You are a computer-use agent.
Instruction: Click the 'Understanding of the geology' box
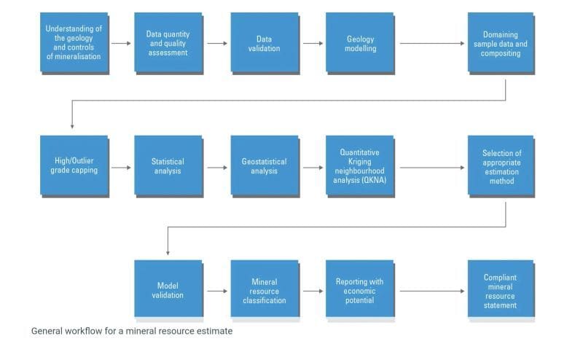pos(74,43)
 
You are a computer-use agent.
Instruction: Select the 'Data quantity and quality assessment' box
pos(168,43)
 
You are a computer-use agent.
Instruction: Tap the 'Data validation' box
pos(264,43)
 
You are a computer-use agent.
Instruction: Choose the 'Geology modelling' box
pos(360,43)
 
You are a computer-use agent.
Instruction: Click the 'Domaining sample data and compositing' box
pos(501,43)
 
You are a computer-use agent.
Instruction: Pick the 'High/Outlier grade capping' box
pos(74,166)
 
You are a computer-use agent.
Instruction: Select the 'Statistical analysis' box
pos(168,166)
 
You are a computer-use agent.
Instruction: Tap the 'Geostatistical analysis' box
pos(264,166)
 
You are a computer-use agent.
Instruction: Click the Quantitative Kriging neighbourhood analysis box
pos(360,166)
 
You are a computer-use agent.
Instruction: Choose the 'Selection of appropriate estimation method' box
pos(501,166)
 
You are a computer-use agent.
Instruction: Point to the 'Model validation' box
pos(168,290)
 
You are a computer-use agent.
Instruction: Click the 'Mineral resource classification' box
pos(264,290)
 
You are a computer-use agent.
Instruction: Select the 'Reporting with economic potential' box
pos(360,290)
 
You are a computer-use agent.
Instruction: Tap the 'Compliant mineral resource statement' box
pos(501,290)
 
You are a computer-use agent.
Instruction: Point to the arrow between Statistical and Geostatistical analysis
pos(217,168)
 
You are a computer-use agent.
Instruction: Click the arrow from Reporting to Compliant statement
pos(431,291)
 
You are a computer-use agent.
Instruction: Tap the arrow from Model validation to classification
pos(217,291)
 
